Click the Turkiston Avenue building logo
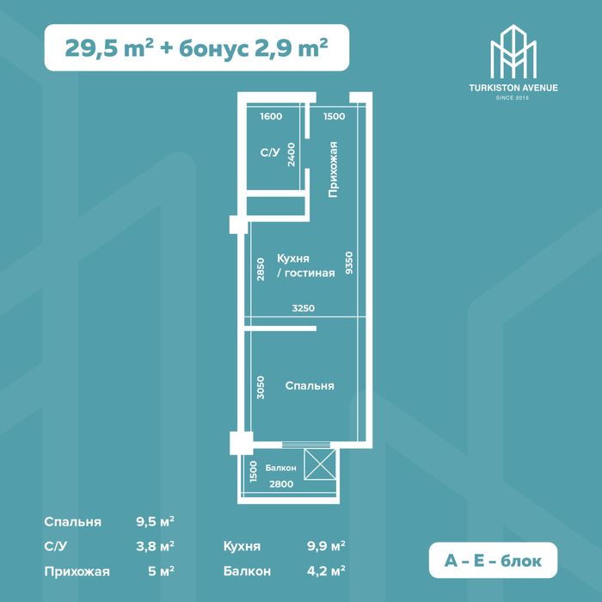click(513, 52)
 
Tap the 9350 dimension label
click(349, 263)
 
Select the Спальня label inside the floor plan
click(310, 386)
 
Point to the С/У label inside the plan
click(270, 153)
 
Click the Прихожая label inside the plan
click(333, 169)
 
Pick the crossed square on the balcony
click(320, 464)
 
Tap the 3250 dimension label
click(304, 308)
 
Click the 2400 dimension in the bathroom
click(292, 155)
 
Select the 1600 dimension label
click(271, 116)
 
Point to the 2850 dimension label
click(261, 269)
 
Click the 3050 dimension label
click(261, 387)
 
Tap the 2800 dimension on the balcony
click(281, 484)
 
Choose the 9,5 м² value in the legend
click(155, 522)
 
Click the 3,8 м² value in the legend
click(155, 546)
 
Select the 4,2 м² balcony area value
click(326, 571)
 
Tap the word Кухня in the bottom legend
click(242, 546)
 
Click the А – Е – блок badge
click(493, 561)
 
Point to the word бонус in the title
click(214, 49)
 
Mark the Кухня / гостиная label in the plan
click(305, 266)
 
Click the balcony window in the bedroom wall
click(306, 445)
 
